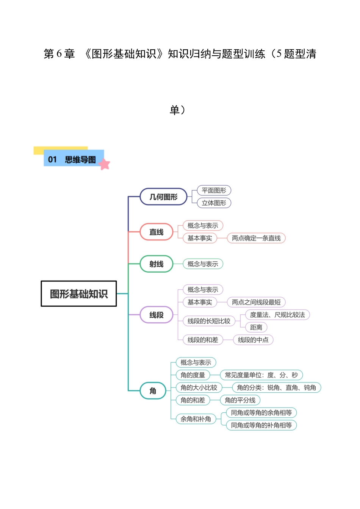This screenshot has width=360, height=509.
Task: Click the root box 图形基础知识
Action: (x=78, y=294)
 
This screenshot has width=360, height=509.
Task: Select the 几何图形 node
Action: (x=163, y=197)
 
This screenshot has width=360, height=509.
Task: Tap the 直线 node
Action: (x=156, y=232)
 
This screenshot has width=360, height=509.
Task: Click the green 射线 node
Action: (x=156, y=264)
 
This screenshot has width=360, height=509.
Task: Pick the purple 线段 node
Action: (x=156, y=315)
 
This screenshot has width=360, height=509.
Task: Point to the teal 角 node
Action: (x=153, y=390)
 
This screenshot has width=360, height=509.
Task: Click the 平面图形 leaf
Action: (x=214, y=190)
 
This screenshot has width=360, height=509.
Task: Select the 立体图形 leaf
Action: (x=214, y=203)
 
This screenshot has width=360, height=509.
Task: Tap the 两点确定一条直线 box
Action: (x=256, y=238)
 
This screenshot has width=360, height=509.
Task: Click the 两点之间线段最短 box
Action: (x=256, y=302)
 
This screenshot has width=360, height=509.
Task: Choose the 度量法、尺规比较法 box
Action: (x=277, y=315)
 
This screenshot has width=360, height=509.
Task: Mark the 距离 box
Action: (x=256, y=327)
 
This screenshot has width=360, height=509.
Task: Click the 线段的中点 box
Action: (x=253, y=340)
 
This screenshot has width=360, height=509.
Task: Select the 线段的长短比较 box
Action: (x=209, y=321)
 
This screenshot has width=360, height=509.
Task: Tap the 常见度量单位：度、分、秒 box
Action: (x=261, y=375)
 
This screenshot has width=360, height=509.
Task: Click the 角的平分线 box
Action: (x=240, y=400)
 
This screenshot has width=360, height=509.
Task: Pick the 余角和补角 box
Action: (x=196, y=419)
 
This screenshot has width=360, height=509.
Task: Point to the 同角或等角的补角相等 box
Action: (x=261, y=425)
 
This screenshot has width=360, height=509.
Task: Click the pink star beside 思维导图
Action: (x=104, y=164)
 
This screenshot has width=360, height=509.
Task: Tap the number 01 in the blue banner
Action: (x=52, y=159)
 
